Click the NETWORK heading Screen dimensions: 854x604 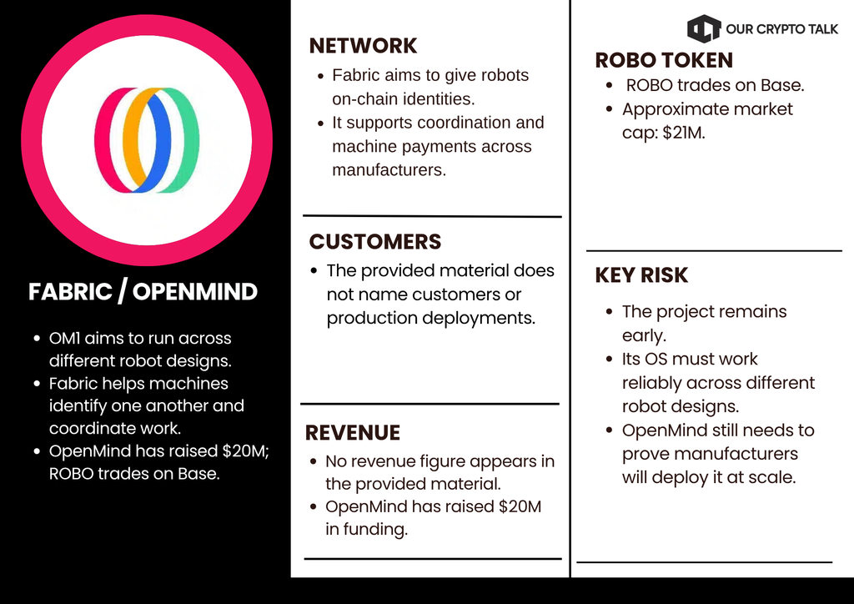pos(363,46)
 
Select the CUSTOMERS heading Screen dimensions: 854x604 pos(374,242)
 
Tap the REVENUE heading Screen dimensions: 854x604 pos(353,432)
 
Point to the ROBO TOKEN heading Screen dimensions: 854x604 pos(664,60)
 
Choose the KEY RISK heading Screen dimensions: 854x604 pos(641,275)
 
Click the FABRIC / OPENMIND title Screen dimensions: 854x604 pos(143,292)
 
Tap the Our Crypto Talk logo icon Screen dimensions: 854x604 pos(704,28)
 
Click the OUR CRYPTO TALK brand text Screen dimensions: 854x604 pos(781,29)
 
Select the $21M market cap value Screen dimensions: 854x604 pos(684,133)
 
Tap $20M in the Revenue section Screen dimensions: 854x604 pos(520,506)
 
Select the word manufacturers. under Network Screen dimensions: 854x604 pos(389,170)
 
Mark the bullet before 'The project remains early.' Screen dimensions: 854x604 pos(610,312)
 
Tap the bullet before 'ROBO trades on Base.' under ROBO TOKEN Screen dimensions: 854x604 pos(610,85)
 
